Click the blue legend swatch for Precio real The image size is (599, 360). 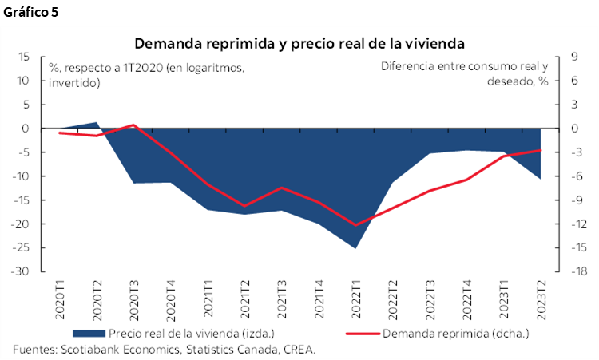click(89, 334)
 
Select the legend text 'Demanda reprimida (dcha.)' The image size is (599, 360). click(456, 334)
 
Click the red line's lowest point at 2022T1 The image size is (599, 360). click(357, 225)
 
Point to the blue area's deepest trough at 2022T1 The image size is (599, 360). click(357, 247)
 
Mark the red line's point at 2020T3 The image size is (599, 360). click(133, 125)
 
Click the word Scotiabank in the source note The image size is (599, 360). click(85, 350)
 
